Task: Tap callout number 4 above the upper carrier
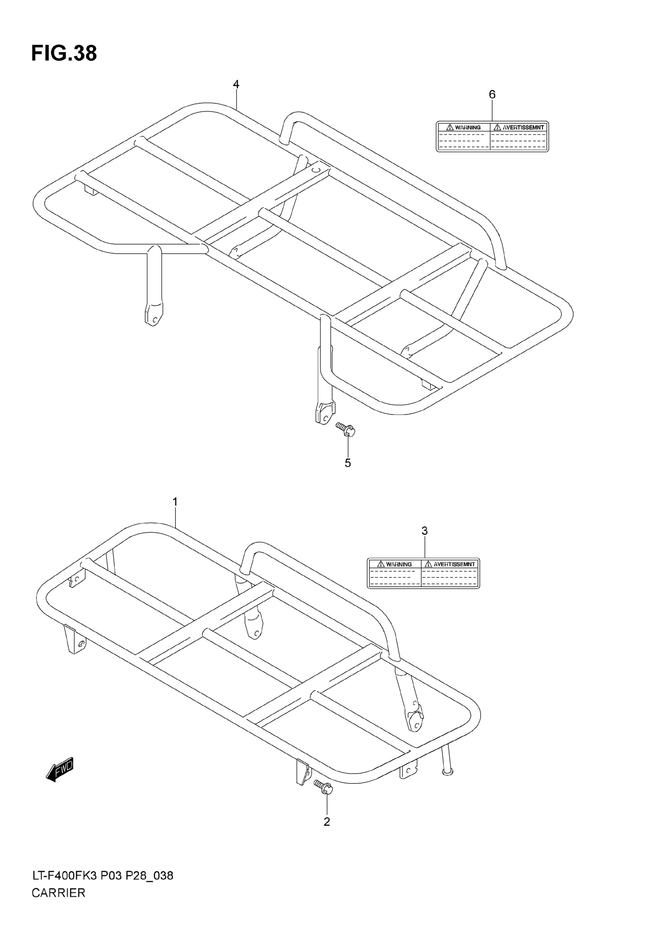(236, 85)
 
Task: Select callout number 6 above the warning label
(492, 95)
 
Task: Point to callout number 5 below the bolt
(348, 463)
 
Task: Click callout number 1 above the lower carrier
(175, 502)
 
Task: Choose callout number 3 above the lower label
(424, 531)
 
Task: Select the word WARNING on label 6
(468, 128)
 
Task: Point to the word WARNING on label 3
(399, 565)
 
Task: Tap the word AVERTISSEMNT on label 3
(454, 565)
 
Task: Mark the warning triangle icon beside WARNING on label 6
(450, 127)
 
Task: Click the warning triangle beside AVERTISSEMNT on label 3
(428, 564)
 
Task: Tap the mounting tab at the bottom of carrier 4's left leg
(153, 315)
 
